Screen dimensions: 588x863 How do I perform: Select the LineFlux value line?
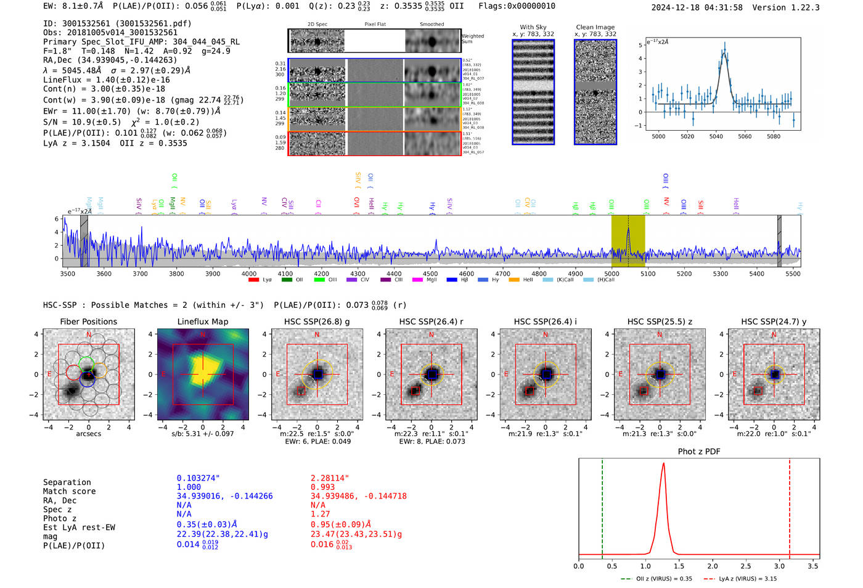pos(106,80)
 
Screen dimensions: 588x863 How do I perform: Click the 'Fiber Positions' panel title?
pos(88,321)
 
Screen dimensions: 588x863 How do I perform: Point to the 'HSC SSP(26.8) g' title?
pos(317,321)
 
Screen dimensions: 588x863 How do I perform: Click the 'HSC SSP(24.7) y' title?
pos(774,321)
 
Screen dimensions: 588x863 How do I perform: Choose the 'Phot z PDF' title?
pos(699,452)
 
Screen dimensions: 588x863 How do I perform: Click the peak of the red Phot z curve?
pos(663,463)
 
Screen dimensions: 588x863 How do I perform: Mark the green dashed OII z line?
pos(602,506)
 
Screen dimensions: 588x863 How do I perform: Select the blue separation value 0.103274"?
pos(198,478)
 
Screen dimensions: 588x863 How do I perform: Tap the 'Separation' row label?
pos(67,482)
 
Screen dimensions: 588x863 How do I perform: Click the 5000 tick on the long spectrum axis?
pos(611,273)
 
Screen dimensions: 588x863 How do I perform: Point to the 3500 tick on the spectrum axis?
pos(68,273)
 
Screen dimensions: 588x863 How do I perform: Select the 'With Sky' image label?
pos(533,27)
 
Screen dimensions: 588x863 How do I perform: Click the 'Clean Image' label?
pos(595,27)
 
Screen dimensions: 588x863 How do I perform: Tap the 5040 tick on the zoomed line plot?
pos(716,136)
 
